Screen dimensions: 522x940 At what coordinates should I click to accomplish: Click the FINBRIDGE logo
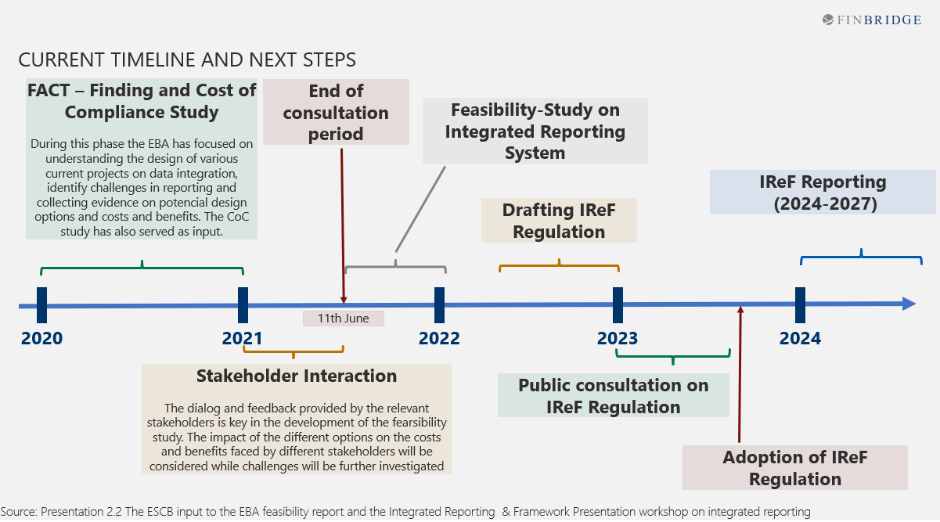(x=871, y=20)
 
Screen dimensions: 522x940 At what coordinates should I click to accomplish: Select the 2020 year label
(x=41, y=338)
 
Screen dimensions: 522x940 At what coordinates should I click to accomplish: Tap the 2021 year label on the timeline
(x=243, y=338)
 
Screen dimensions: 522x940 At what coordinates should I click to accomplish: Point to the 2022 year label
(x=439, y=338)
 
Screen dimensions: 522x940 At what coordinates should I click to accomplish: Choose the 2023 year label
(x=618, y=338)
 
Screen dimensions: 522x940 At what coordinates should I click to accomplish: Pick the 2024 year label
(x=800, y=338)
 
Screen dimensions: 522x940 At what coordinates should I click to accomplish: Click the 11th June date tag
(x=344, y=319)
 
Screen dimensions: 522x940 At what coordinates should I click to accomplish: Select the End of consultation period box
(x=336, y=112)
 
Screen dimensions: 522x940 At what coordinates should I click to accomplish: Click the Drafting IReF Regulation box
(x=559, y=221)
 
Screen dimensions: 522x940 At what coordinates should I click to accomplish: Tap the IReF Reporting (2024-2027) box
(x=823, y=193)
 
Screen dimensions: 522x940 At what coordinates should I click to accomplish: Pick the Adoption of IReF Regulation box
(x=794, y=468)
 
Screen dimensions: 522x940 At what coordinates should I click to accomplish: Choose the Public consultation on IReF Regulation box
(x=614, y=395)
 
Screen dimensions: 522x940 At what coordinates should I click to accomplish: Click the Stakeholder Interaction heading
(x=297, y=376)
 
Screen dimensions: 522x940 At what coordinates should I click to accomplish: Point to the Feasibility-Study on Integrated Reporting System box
(x=535, y=131)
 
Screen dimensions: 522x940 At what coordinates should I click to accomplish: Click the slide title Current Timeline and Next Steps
(x=187, y=59)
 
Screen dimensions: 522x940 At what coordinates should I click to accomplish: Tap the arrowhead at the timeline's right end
(x=909, y=304)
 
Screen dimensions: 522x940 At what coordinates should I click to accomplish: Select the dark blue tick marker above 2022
(x=439, y=304)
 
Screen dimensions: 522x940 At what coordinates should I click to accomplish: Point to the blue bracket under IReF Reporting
(x=861, y=256)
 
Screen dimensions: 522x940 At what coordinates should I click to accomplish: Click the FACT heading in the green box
(x=142, y=101)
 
